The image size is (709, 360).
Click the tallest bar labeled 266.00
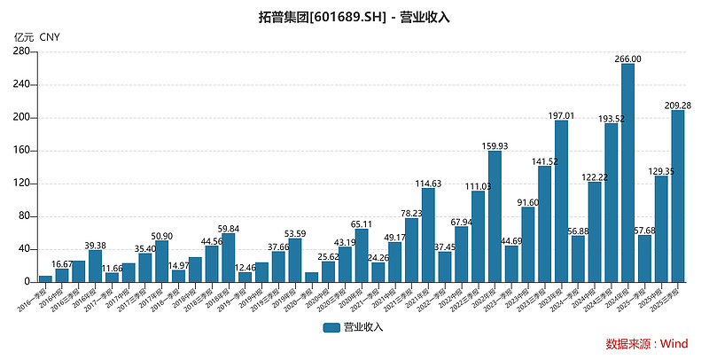pos(627,173)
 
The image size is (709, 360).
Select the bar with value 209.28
pos(678,196)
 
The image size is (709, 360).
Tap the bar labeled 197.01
pos(561,201)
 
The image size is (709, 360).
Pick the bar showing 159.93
pos(495,216)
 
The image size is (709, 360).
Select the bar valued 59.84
pos(229,257)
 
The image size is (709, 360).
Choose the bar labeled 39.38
pos(96,266)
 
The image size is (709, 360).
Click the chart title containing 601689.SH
pos(354,17)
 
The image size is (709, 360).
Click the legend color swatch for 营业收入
pos(332,327)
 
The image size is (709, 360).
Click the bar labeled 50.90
pos(162,261)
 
